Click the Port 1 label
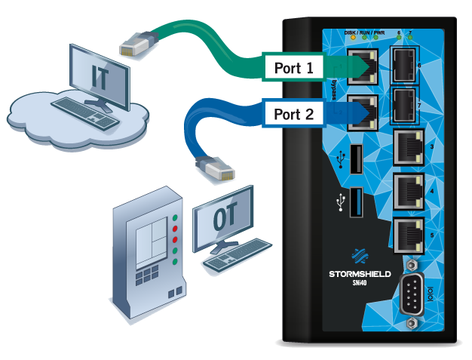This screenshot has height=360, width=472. click(x=293, y=68)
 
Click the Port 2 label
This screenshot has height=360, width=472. click(x=293, y=115)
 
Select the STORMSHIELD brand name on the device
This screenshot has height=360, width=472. click(x=360, y=273)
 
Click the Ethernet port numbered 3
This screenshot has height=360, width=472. click(x=408, y=149)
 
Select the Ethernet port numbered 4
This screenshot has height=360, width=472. click(x=408, y=192)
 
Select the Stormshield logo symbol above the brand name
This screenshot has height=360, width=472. click(x=360, y=255)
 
